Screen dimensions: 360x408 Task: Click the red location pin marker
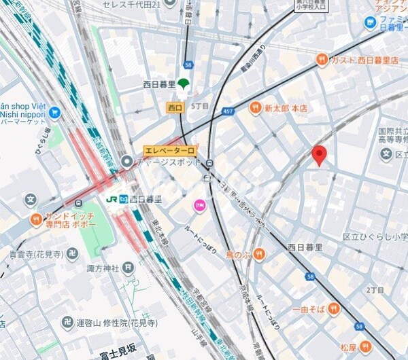320,155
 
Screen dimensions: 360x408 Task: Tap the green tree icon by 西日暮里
183,84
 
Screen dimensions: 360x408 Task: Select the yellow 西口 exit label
175,107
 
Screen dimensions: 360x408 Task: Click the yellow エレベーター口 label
170,151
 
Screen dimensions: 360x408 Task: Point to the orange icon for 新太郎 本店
255,107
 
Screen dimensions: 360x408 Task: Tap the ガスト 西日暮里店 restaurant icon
322,60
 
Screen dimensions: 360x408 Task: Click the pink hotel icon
199,205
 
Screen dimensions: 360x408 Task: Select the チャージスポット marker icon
126,162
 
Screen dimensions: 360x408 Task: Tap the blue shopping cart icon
54,112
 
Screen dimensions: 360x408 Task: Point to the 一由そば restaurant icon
333,309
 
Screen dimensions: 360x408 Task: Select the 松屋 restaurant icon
367,346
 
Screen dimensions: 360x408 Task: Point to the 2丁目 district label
375,290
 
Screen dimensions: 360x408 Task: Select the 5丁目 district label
201,107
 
